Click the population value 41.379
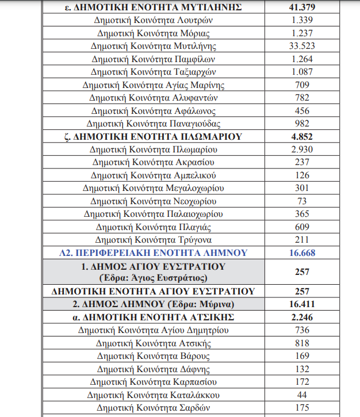point(302,7)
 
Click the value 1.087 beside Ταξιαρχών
point(302,72)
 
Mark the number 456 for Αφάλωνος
point(302,110)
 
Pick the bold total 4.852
point(302,137)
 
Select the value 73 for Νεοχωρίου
point(302,201)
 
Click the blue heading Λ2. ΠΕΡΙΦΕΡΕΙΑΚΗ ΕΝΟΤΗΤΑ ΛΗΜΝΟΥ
point(153,253)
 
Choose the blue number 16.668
point(302,253)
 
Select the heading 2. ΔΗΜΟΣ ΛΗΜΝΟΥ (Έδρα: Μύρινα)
point(153,304)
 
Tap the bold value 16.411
point(302,304)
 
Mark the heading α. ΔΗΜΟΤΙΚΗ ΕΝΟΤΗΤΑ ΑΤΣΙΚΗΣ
point(153,317)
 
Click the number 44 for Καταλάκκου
point(302,395)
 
